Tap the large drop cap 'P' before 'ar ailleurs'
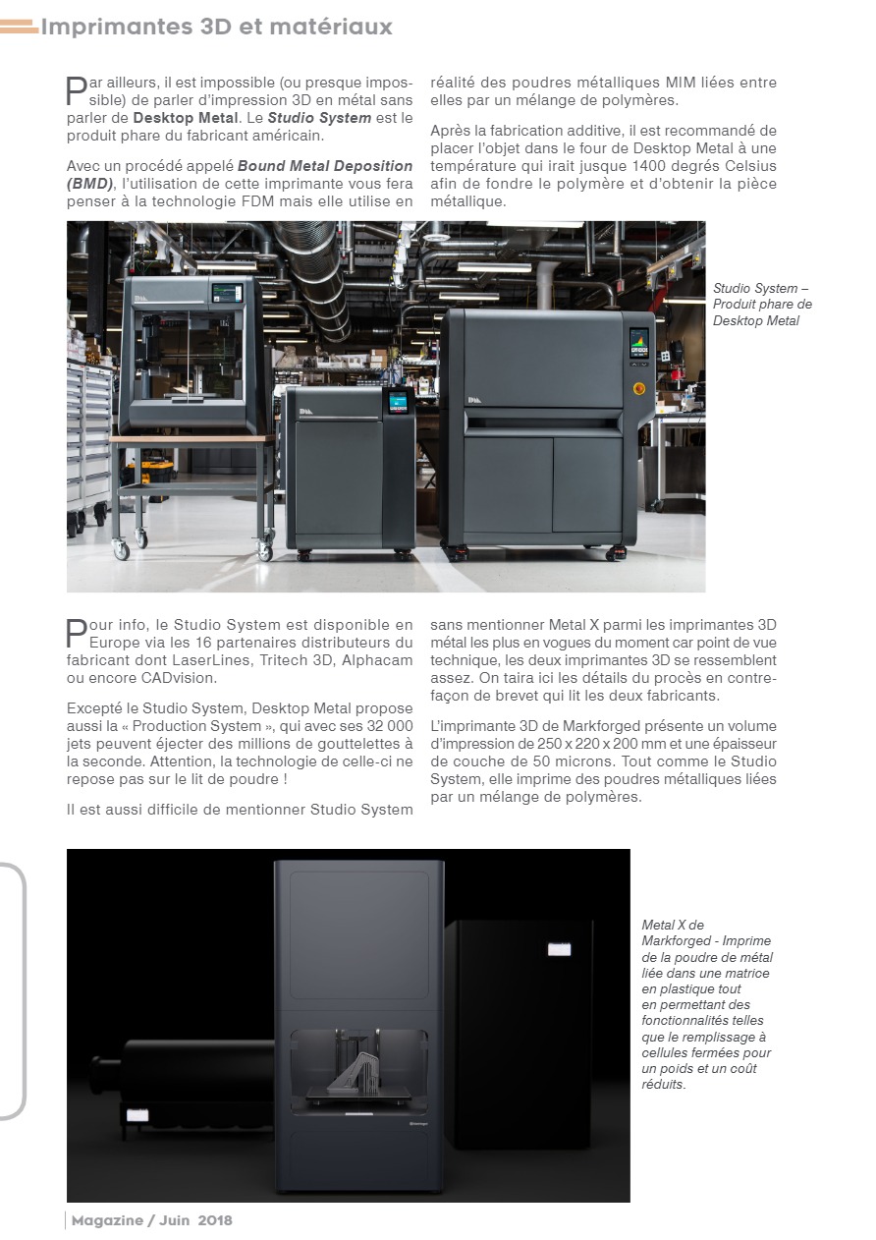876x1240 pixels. tap(76, 91)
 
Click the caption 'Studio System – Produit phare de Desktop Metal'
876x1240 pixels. tap(762, 305)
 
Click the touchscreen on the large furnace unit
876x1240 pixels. tap(639, 345)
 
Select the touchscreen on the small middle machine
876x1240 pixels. tap(399, 403)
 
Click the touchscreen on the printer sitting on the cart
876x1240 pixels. tap(226, 296)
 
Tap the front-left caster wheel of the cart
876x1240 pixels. tap(122, 551)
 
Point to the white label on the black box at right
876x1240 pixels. tap(559, 949)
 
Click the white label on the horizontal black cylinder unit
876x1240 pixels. tap(135, 1115)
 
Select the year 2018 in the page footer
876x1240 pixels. tap(215, 1220)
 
